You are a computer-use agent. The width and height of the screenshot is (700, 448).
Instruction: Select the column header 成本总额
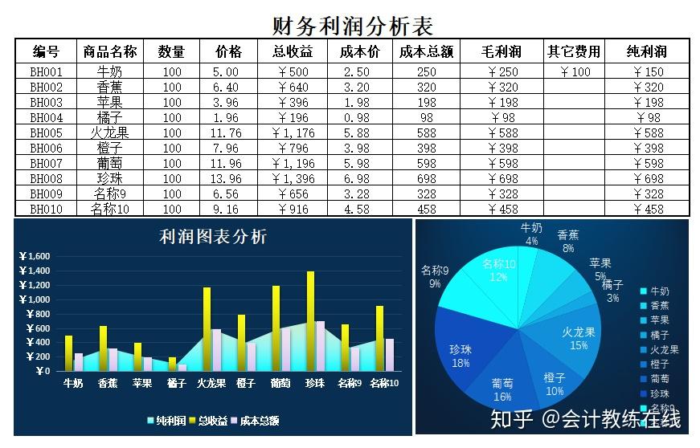(x=426, y=52)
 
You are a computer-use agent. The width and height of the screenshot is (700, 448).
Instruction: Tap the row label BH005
(x=46, y=132)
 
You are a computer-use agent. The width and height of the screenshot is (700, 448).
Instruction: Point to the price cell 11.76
(x=226, y=132)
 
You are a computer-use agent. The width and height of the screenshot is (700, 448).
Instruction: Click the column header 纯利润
(x=647, y=52)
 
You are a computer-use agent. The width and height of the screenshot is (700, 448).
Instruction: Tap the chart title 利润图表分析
(x=213, y=237)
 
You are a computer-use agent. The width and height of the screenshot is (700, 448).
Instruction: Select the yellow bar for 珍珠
(x=310, y=321)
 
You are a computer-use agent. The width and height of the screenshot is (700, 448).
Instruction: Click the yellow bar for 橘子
(x=172, y=364)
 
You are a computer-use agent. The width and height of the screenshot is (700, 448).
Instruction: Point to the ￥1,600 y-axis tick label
(x=34, y=256)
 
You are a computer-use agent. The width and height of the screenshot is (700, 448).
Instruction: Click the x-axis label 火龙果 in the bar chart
(x=211, y=384)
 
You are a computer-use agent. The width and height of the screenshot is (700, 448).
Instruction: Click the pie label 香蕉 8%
(x=567, y=242)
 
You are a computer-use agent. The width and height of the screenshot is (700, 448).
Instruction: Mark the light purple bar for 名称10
(x=390, y=355)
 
